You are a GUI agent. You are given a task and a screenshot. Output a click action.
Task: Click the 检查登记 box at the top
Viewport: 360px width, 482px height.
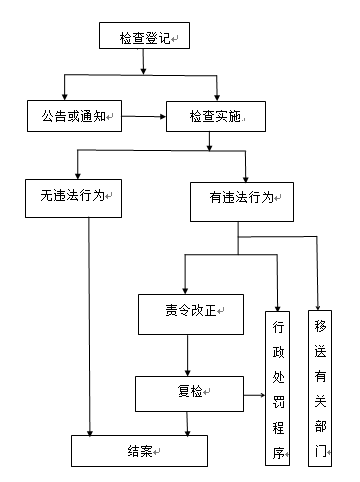144,38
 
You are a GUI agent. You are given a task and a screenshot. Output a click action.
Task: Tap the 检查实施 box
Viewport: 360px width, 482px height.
214,116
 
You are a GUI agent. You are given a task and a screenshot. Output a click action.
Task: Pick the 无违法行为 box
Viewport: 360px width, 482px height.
73,197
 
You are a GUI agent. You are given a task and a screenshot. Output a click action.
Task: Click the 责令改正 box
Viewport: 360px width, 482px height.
189,313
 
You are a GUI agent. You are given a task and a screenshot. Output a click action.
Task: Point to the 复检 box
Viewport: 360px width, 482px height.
189,391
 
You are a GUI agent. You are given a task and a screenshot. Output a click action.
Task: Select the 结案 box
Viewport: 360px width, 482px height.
138,450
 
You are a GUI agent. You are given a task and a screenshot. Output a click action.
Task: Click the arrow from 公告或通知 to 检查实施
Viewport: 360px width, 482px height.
142,117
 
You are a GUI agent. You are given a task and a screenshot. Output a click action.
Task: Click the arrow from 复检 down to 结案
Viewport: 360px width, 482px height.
188,422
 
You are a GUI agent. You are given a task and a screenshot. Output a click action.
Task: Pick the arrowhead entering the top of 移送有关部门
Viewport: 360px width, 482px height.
319,303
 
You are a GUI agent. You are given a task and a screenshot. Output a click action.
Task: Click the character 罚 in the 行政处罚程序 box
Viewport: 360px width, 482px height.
280,405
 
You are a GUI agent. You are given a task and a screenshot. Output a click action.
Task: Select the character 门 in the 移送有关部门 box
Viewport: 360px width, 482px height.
320,450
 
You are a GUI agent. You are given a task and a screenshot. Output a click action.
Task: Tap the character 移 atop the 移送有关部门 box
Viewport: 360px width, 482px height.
320,326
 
